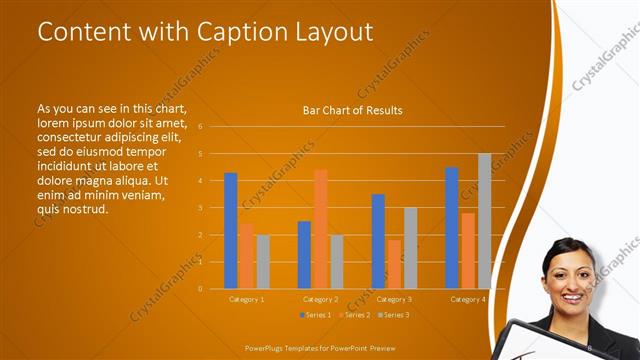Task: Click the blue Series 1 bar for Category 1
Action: pos(231,231)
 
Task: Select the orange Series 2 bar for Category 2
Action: pos(321,229)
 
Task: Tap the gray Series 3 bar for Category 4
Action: pos(485,221)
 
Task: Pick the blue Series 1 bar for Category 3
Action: pos(378,241)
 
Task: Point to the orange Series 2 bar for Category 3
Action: pos(394,264)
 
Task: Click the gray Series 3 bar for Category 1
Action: pos(263,262)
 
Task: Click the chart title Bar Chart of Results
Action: pos(352,110)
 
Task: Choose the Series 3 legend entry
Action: pos(392,315)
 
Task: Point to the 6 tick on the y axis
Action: pos(201,127)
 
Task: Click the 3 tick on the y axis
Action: pos(201,208)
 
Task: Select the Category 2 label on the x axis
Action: pos(320,299)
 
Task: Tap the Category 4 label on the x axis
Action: pos(468,299)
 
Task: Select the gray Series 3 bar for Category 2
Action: pos(337,262)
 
